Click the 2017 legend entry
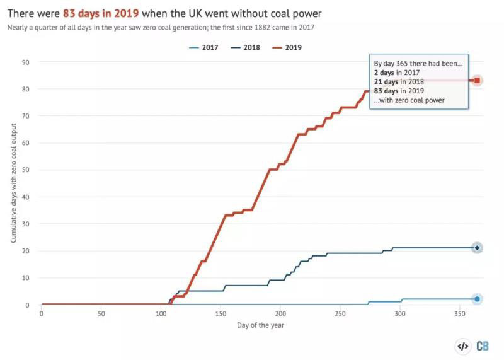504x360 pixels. [x=206, y=47]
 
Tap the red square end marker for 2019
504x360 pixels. [x=478, y=80]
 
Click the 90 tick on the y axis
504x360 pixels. [x=26, y=62]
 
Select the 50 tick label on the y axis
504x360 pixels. [x=26, y=170]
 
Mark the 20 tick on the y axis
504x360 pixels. [x=26, y=251]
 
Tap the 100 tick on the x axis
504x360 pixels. [x=161, y=313]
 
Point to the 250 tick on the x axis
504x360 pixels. [x=340, y=313]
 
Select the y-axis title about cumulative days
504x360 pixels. [x=13, y=183]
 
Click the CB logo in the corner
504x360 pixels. [x=483, y=346]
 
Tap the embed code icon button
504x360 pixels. [x=462, y=346]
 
